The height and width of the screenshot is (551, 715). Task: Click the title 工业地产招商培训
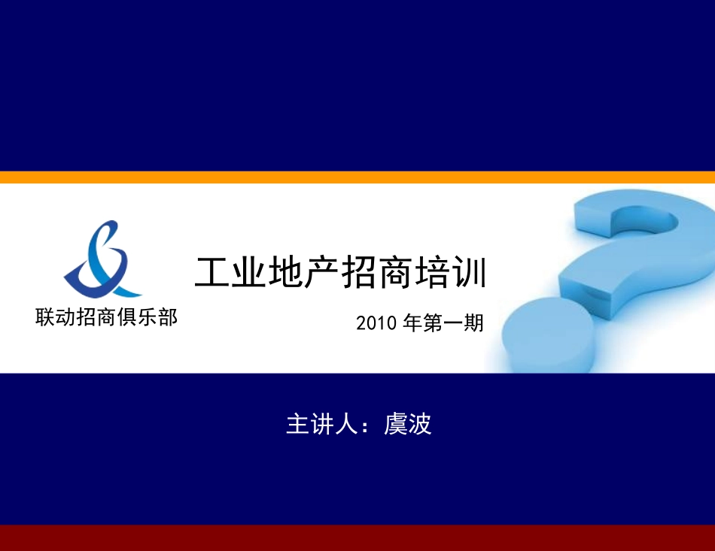point(341,274)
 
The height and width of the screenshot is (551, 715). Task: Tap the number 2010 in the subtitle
point(376,323)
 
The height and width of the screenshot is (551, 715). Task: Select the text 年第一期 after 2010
point(443,323)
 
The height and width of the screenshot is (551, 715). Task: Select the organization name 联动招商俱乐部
point(106,317)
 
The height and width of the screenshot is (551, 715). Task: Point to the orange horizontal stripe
point(357,177)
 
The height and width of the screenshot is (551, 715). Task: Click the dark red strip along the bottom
point(357,537)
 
